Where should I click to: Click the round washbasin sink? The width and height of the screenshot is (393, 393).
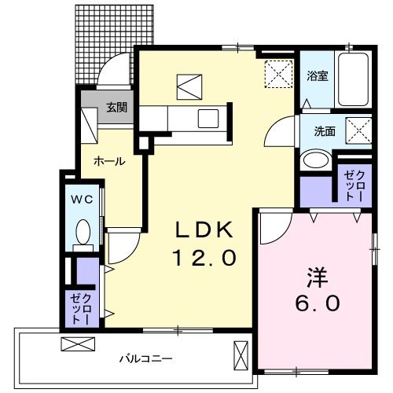pos(317,160)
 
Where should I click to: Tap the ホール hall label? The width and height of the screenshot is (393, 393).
pos(108,160)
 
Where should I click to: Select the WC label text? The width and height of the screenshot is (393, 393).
pos(83,200)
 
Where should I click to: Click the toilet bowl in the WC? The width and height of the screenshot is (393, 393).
pos(83,231)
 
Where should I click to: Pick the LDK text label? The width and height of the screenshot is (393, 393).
pos(204,230)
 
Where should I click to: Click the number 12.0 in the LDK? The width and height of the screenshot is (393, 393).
pos(204,259)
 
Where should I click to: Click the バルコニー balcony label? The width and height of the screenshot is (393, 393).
pos(145,358)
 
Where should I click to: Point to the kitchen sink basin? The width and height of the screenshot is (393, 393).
pos(208,119)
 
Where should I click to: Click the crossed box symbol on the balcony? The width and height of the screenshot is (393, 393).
pos(77,344)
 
